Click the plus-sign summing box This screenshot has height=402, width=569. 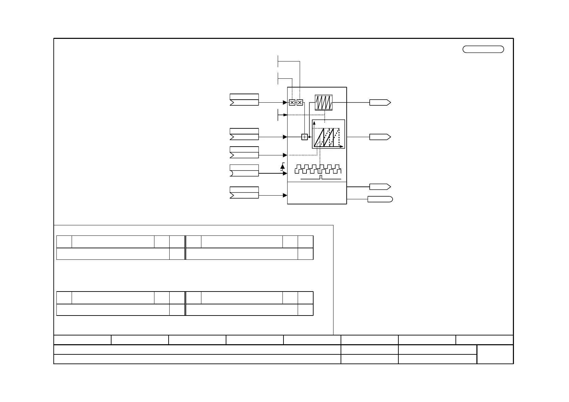coord(304,137)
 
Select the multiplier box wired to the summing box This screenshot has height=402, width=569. coord(300,102)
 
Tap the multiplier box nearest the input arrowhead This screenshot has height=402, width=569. coord(292,102)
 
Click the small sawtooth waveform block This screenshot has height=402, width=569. coord(324,102)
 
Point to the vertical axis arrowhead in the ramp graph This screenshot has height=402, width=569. coord(314,123)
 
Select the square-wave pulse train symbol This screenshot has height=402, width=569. coord(318,169)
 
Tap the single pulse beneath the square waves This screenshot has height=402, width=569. coord(321,177)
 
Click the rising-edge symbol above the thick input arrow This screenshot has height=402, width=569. coord(283,166)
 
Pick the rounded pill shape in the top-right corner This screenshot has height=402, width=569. coord(483,49)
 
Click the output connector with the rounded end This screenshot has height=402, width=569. coord(380,199)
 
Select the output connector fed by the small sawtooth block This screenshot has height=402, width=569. coord(380,102)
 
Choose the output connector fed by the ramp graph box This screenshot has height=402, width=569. coord(380,137)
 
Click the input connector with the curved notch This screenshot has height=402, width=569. coord(244,173)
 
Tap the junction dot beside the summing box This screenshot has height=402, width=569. coord(309,137)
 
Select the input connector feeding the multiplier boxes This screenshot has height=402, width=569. coord(244,102)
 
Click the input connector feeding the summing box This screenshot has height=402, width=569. coord(244,137)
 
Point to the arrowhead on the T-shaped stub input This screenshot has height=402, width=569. coord(285,115)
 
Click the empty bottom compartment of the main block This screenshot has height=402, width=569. coord(317,193)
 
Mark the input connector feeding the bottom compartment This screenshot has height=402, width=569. coord(244,195)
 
